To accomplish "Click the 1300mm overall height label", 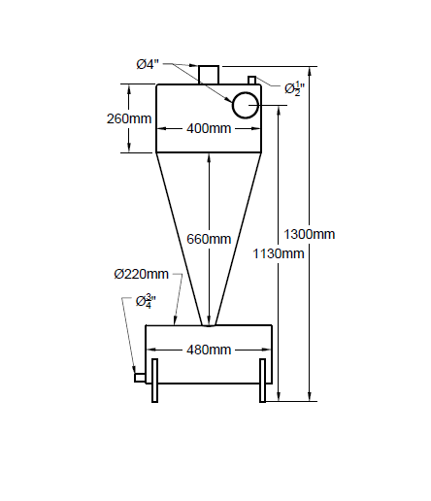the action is (309, 234).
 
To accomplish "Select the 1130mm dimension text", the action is (279, 253).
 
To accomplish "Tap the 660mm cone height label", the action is (209, 239).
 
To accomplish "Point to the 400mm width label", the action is (209, 128).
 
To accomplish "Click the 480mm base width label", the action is (209, 350).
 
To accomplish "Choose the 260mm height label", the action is (129, 118).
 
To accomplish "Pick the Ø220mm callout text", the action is (142, 274).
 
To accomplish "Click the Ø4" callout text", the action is (148, 64).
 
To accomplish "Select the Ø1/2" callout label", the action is (294, 89).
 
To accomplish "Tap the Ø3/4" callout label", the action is (146, 301).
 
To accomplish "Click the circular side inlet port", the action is (246, 105).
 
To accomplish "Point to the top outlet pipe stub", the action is (209, 75).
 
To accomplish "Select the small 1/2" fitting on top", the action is (251, 81).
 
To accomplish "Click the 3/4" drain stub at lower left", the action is (140, 378).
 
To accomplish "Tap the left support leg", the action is (155, 381).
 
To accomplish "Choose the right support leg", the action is (263, 381).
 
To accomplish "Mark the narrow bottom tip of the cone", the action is (209, 325).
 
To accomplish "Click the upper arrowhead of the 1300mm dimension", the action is (310, 71).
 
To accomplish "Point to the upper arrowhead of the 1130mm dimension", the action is (279, 110).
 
